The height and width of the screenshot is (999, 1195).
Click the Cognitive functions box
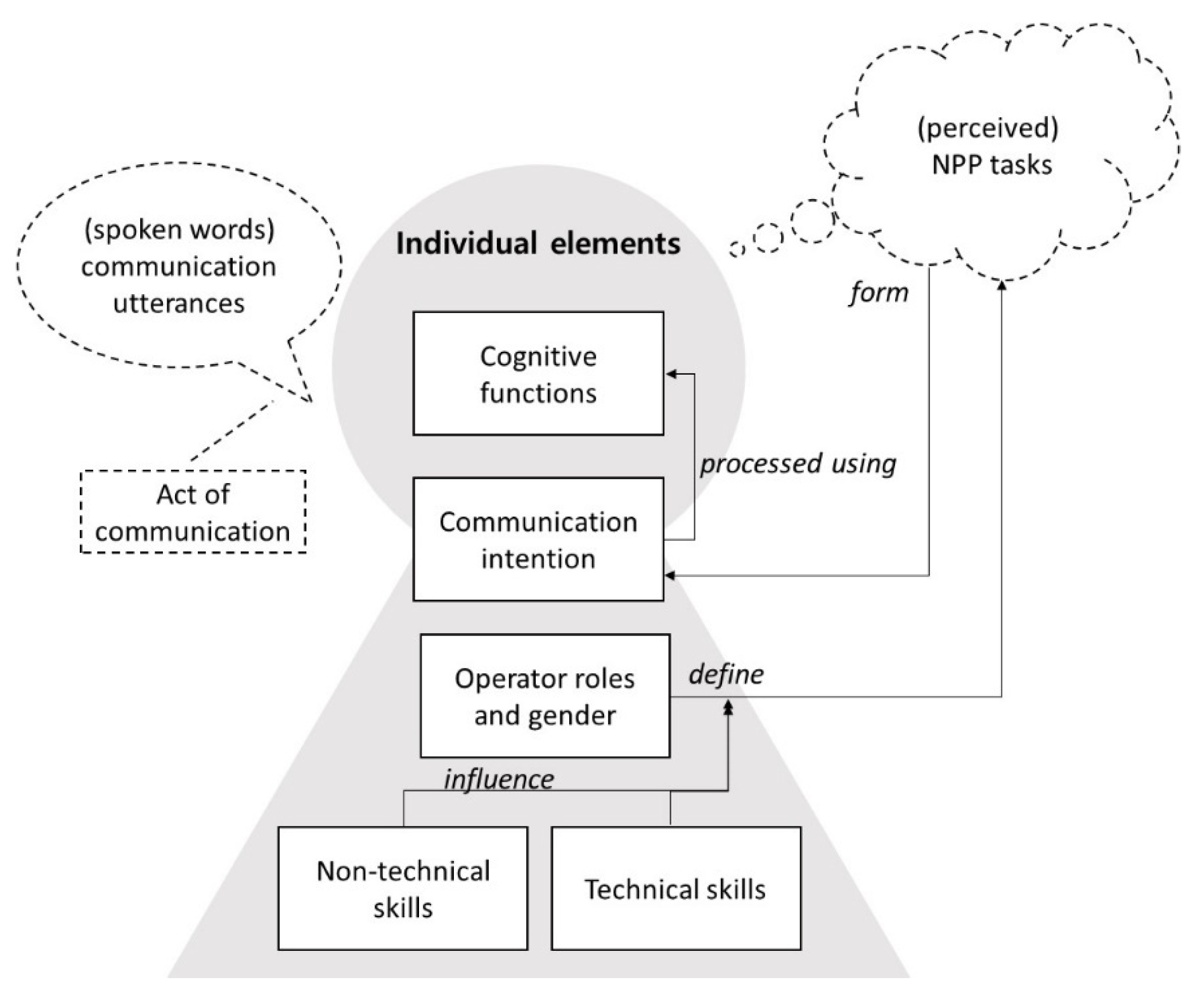538,373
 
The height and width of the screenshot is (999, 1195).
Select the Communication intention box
538,539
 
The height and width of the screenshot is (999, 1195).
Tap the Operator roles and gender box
545,696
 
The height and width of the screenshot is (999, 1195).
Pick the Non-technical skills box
403,888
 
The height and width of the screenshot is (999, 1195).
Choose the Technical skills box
676,888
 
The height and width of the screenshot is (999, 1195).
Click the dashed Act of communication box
193,512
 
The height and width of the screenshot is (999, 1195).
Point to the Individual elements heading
538,243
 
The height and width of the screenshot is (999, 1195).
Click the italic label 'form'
879,293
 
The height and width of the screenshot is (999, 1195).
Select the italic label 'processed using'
798,463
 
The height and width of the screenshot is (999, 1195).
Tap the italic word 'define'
726,674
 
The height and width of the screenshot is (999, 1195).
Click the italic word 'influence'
498,779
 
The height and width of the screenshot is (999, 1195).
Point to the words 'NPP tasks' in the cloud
992,165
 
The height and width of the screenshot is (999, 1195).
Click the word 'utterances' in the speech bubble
179,303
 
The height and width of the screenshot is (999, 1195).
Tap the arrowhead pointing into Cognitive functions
670,374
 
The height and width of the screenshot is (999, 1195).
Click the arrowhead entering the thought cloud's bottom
1002,285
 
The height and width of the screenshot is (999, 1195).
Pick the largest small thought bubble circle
812,221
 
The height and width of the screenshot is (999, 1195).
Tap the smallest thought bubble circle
737,249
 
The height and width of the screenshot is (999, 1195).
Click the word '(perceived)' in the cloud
988,128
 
